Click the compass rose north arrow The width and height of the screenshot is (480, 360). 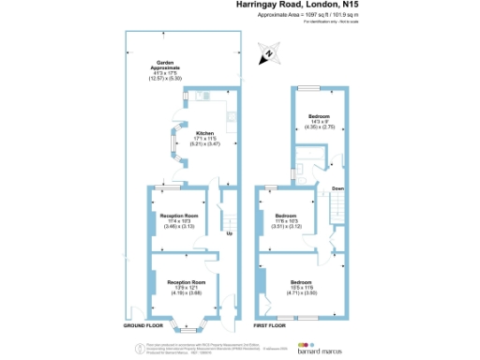(268, 54)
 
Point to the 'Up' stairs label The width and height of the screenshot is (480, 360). (229, 233)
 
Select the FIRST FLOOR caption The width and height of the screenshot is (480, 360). (270, 325)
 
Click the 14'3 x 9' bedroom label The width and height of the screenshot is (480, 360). (320, 121)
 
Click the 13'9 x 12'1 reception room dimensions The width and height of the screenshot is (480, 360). (185, 292)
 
